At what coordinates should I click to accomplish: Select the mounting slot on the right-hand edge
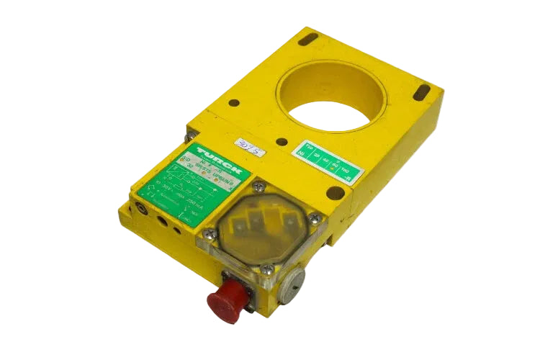click(423, 94)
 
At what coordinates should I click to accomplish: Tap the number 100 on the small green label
click(353, 167)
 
